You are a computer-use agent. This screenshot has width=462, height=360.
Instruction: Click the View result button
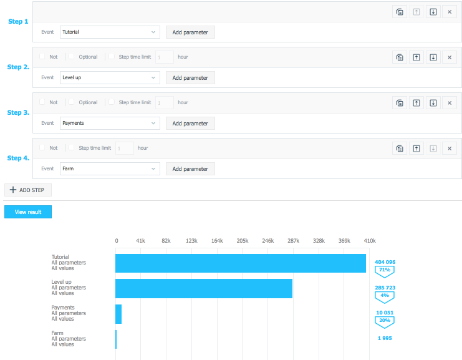coord(28,212)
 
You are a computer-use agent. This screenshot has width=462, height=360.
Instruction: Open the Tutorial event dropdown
coord(110,32)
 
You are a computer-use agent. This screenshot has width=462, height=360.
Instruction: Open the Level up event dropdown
coord(110,78)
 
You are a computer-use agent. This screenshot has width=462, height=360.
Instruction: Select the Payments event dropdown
coord(110,124)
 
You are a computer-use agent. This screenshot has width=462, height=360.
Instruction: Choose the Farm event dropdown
coord(110,169)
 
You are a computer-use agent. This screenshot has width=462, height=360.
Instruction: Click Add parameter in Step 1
coord(190,32)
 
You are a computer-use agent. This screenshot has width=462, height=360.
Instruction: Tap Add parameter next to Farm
coord(190,169)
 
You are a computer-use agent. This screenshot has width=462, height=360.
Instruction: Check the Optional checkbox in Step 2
coord(72,57)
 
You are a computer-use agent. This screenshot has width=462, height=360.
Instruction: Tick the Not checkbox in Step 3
coord(42,102)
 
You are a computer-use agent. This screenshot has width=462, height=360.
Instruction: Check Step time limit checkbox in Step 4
coord(72,148)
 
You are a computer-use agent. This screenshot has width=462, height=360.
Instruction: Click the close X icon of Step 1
coord(450,12)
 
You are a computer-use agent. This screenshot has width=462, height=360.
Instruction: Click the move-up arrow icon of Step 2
coord(416,57)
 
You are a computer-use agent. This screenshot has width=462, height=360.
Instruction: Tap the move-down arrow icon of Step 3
coord(433,103)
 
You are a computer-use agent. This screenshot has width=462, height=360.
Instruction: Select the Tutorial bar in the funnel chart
coord(241,263)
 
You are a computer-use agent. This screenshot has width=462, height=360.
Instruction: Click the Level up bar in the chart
coord(204,288)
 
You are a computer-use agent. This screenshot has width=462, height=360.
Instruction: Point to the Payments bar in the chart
coord(118,314)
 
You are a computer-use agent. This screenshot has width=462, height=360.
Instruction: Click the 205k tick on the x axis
coord(243,240)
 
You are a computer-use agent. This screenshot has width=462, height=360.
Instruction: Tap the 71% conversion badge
coord(385,271)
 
